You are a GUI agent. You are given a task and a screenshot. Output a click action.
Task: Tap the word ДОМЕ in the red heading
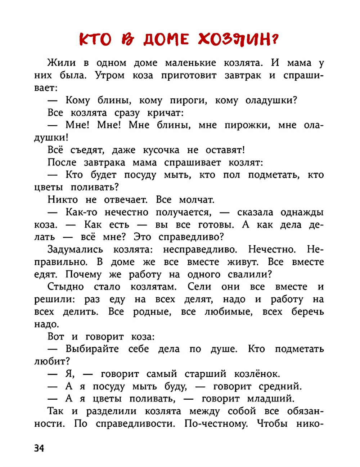[x=166, y=39]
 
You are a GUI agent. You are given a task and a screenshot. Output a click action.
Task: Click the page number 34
[x=39, y=448]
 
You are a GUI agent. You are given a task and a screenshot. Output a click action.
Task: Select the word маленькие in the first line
[x=190, y=63]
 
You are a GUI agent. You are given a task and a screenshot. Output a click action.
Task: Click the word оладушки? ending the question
[x=271, y=100]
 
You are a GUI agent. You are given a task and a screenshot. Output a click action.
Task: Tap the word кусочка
[x=161, y=150]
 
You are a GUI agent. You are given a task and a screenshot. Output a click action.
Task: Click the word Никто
[x=63, y=200]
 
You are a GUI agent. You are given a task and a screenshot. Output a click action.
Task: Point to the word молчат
[x=197, y=200]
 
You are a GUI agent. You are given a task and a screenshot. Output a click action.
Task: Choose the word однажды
[x=302, y=212]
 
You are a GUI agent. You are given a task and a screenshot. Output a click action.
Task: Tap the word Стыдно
[x=66, y=287]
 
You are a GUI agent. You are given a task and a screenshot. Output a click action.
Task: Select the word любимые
[x=229, y=312]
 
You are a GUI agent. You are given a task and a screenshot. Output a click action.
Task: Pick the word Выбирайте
[x=92, y=349]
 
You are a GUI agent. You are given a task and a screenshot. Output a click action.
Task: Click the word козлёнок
[x=257, y=374]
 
